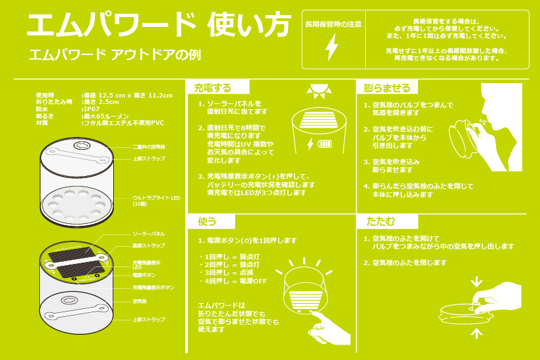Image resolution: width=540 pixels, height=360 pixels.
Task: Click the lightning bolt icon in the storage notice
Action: tap(333, 47)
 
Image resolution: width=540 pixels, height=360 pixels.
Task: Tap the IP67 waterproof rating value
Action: tap(92, 109)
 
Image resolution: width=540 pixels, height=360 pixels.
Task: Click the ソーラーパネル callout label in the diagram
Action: tap(149, 233)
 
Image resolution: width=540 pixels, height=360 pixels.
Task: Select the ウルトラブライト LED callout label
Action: tap(153, 200)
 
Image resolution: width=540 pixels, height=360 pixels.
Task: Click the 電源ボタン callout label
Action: tap(144, 276)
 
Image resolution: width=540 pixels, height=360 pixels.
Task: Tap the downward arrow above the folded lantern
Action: tap(477, 281)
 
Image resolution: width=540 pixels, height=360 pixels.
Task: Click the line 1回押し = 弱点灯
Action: tap(229, 257)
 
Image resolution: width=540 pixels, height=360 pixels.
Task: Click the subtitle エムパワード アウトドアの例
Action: tap(114, 55)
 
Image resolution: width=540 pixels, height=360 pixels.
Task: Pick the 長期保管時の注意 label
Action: tap(333, 24)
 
